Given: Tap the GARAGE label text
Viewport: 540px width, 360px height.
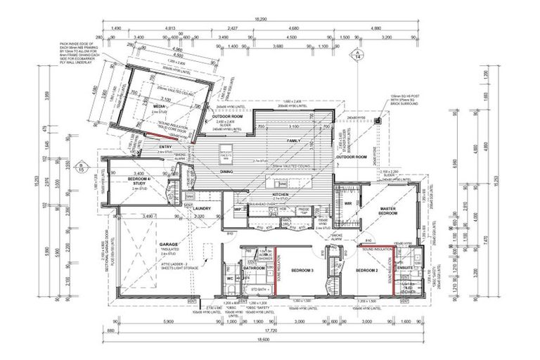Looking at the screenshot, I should click(x=168, y=245).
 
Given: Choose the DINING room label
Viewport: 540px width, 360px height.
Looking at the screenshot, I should click(x=226, y=172).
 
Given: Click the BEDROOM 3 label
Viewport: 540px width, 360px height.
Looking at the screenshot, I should click(x=302, y=271).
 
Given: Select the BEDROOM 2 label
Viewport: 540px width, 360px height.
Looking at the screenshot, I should click(x=366, y=271).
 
